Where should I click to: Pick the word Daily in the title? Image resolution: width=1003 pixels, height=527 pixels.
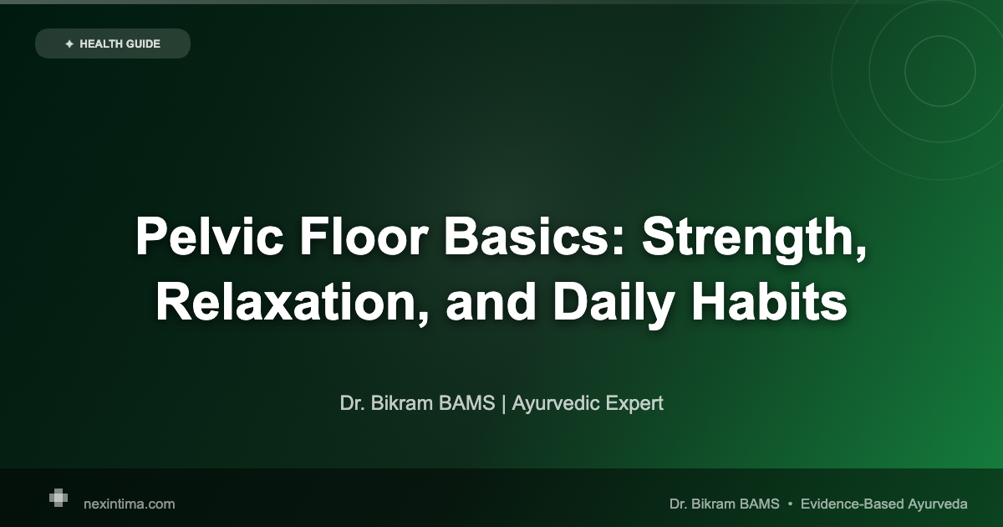(611, 302)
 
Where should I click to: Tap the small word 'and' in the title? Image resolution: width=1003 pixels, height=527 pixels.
(491, 302)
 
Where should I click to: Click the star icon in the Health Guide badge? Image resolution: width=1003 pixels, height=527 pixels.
(69, 43)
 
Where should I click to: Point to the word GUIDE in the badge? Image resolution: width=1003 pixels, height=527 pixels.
(144, 43)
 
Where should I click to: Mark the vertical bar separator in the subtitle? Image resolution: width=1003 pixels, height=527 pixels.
(503, 403)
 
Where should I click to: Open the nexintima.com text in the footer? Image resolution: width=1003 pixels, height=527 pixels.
(130, 504)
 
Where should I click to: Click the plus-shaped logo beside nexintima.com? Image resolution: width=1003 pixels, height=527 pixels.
(58, 498)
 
